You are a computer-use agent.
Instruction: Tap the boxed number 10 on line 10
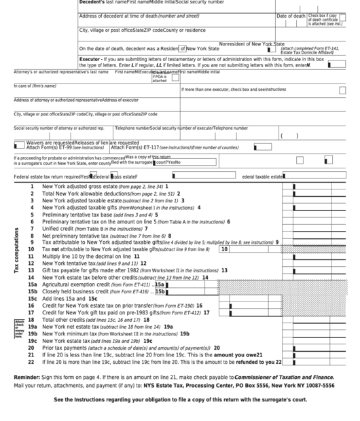coord(223,249)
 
